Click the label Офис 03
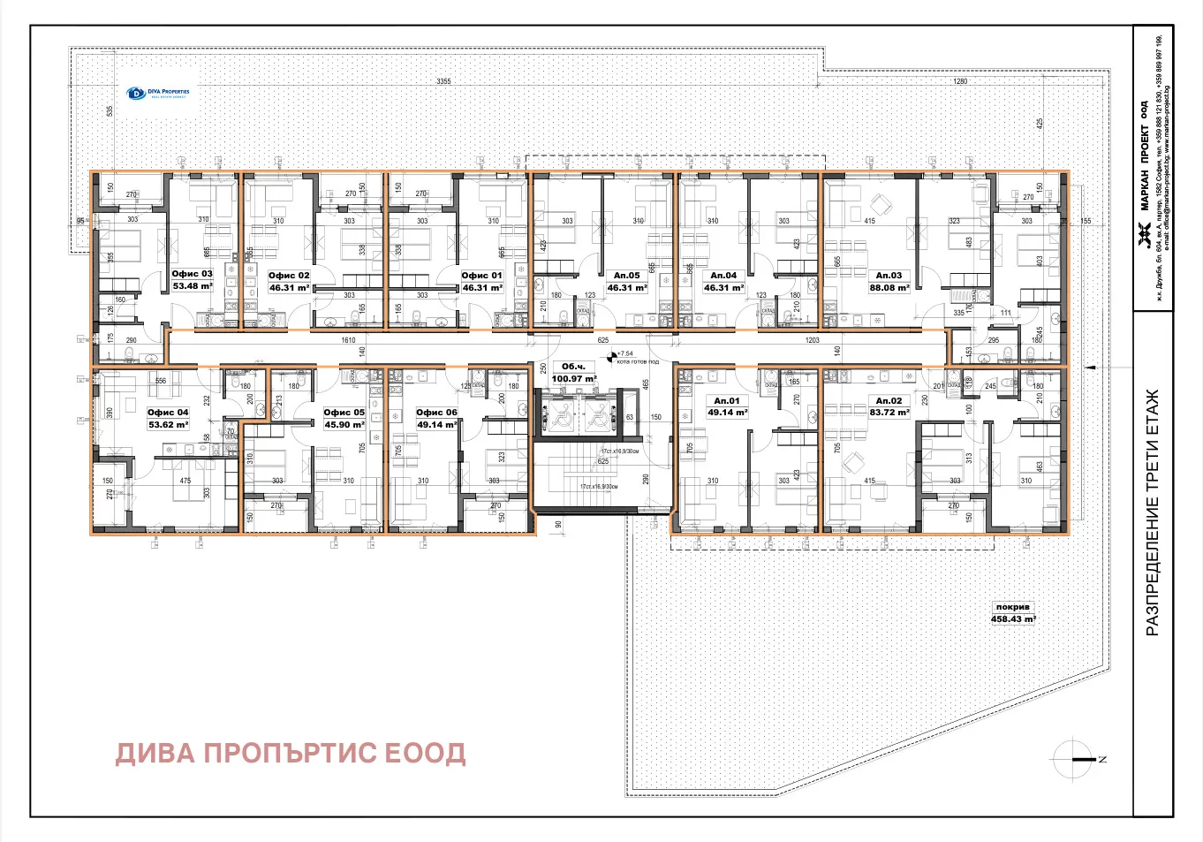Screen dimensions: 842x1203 [192, 274]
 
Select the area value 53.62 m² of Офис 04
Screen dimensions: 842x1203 [168, 425]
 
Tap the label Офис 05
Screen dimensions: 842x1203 [344, 413]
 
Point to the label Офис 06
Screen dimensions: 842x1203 [436, 413]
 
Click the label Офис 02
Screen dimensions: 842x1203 [289, 276]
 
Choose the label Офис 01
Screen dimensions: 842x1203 [481, 276]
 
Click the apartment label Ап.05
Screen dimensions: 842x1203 [626, 276]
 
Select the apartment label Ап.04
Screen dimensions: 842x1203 [723, 276]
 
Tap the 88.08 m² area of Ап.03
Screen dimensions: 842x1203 [889, 288]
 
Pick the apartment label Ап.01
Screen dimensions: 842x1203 [727, 401]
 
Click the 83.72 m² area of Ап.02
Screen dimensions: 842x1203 [889, 413]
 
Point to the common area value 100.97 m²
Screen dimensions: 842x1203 [573, 379]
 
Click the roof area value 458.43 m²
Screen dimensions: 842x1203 [1012, 619]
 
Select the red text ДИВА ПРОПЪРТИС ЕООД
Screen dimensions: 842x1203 [291, 754]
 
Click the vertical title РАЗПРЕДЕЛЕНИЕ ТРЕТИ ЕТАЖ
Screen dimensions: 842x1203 [1152, 512]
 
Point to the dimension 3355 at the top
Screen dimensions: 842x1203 [443, 81]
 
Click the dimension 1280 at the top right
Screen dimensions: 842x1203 [960, 81]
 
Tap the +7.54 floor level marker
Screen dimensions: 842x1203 [624, 354]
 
